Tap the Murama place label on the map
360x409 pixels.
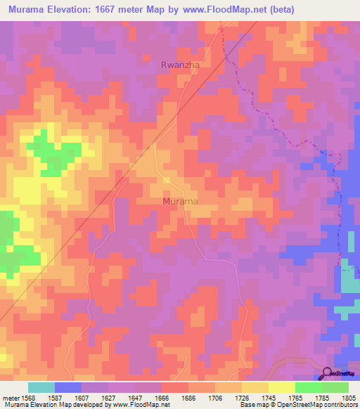(180, 202)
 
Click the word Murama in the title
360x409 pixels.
(31, 9)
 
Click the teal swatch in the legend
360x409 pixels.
(41, 387)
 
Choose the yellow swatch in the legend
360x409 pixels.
(281, 387)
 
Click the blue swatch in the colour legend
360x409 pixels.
(67, 387)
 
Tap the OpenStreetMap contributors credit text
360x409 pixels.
(320, 405)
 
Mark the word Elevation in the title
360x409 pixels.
(78, 9)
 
